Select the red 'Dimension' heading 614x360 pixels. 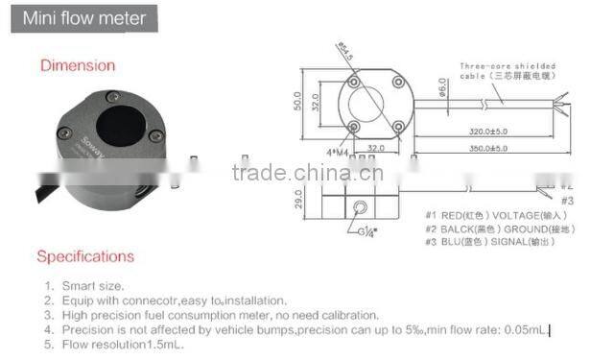77,65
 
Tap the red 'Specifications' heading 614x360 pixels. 85,256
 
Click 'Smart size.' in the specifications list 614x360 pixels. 94,285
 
